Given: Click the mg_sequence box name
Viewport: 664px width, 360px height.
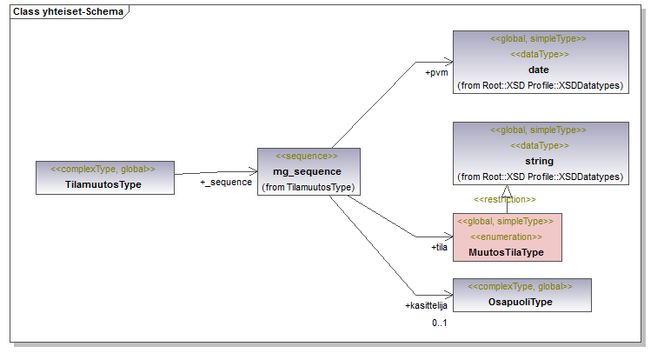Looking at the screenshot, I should click(x=308, y=171).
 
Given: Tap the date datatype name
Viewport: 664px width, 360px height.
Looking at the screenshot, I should click(x=539, y=70).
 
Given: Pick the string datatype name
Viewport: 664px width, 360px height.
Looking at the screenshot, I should click(x=539, y=161).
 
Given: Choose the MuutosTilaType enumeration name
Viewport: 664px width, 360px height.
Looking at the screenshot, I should click(x=507, y=252).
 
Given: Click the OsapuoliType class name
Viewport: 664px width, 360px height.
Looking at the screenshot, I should click(x=521, y=302).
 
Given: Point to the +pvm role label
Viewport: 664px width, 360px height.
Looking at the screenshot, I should click(x=436, y=73).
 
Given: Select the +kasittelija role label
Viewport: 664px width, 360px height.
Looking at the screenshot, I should click(x=426, y=306).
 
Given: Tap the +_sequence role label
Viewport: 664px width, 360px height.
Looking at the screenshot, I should click(x=226, y=183).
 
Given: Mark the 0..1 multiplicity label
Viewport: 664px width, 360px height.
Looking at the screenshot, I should click(x=441, y=323).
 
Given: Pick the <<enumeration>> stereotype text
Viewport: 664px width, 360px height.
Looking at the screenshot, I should click(x=507, y=237).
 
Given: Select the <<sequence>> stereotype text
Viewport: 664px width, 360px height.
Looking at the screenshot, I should click(x=307, y=156).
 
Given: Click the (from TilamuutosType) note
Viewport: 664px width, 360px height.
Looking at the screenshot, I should click(x=308, y=187).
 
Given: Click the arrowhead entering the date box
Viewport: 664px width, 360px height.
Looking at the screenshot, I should click(x=449, y=62).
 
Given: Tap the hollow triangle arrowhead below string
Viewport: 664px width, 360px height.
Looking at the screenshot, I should click(x=505, y=190).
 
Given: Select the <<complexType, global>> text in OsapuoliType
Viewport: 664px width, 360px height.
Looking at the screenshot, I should click(x=521, y=286).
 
